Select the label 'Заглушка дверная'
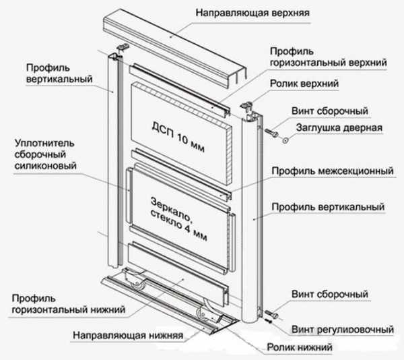tap(337, 127)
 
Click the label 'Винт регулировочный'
tap(343, 330)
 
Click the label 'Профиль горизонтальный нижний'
tap(67, 303)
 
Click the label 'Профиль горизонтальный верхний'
tap(328, 57)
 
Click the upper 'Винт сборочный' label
tap(330, 109)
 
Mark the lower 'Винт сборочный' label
tap(330, 295)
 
